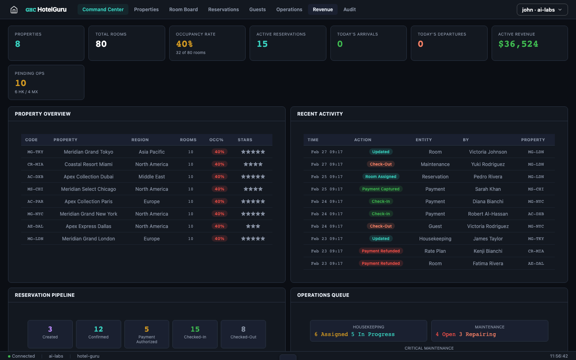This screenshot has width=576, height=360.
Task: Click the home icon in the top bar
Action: pyautogui.click(x=14, y=10)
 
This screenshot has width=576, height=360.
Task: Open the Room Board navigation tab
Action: pyautogui.click(x=183, y=10)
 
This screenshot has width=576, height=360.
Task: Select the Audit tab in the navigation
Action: pyautogui.click(x=349, y=10)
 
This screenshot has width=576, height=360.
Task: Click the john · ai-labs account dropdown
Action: pyautogui.click(x=542, y=10)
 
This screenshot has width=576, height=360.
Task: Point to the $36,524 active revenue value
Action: pyautogui.click(x=518, y=44)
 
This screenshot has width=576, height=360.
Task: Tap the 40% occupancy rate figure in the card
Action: pyautogui.click(x=184, y=44)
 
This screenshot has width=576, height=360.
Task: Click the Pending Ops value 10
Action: pyautogui.click(x=21, y=83)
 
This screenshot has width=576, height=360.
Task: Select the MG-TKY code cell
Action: pyautogui.click(x=35, y=152)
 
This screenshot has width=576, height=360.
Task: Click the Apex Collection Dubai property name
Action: pyautogui.click(x=88, y=177)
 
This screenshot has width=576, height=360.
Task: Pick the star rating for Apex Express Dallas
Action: pyautogui.click(x=253, y=226)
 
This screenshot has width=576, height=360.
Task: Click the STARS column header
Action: pyautogui.click(x=245, y=140)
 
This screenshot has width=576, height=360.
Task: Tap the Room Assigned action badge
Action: pyautogui.click(x=381, y=177)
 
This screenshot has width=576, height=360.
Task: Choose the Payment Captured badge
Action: pyautogui.click(x=381, y=189)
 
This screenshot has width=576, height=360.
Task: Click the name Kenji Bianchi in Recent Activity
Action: pyautogui.click(x=488, y=251)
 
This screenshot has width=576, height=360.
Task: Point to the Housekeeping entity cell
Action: pyautogui.click(x=435, y=239)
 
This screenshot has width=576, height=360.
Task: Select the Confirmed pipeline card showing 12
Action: pyautogui.click(x=98, y=334)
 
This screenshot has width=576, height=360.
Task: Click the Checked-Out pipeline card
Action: pyautogui.click(x=243, y=334)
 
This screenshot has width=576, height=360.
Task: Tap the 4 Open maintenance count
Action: pyautogui.click(x=446, y=334)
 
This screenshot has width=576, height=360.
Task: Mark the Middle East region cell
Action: pyautogui.click(x=152, y=177)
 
